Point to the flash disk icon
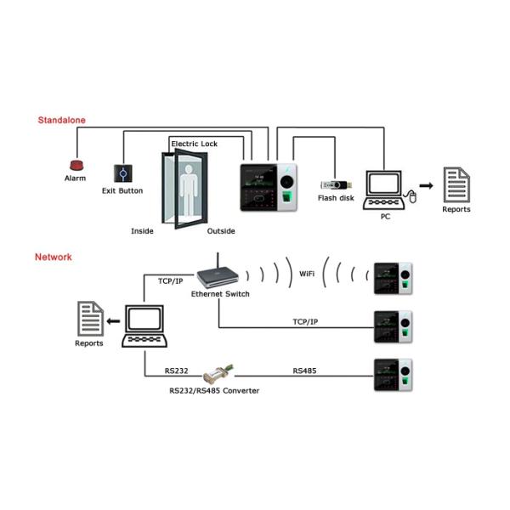[x=334, y=184]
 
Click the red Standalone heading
[x=61, y=121]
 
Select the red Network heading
[x=54, y=257]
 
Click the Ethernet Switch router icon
[x=218, y=274]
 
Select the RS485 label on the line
[x=304, y=371]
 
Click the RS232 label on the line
[x=177, y=371]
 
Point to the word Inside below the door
[x=142, y=231]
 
